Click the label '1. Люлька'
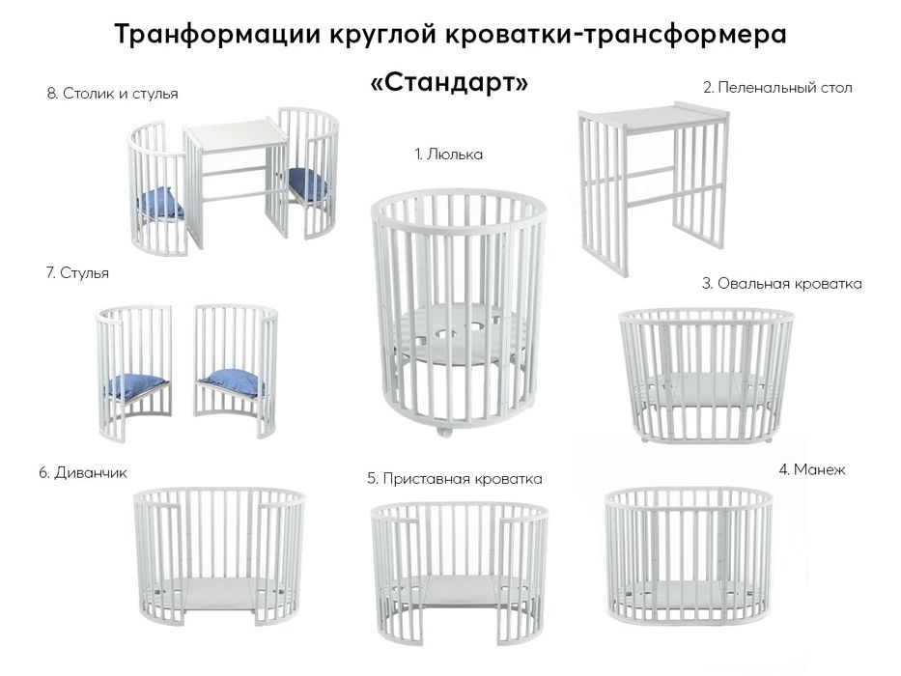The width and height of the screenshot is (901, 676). click(448, 155)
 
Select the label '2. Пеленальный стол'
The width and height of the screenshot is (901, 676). click(777, 88)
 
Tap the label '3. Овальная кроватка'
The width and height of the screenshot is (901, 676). click(781, 284)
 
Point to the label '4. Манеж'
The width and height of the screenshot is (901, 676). click(811, 470)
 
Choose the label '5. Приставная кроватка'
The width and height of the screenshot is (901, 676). click(454, 478)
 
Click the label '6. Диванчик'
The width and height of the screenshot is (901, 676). click(83, 473)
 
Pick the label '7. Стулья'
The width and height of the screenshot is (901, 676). click(77, 273)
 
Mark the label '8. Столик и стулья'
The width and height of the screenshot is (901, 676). click(113, 94)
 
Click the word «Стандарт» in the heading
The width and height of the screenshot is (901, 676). click(450, 83)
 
